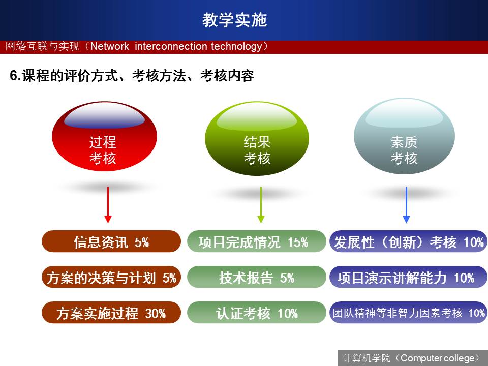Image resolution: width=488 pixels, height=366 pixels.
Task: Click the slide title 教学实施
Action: pyautogui.click(x=234, y=20)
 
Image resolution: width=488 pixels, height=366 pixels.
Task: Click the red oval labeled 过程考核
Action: pyautogui.click(x=104, y=136)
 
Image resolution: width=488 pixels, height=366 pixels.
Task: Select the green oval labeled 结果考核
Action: pyautogui.click(x=257, y=138)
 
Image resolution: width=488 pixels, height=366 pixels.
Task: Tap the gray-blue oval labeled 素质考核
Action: pyautogui.click(x=404, y=136)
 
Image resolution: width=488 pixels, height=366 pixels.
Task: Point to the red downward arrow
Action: pyautogui.click(x=108, y=205)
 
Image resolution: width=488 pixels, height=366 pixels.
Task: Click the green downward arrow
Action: pyautogui.click(x=261, y=205)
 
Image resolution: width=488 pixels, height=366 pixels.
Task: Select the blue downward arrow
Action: pyautogui.click(x=406, y=205)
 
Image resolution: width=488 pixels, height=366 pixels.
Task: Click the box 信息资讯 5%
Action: pyautogui.click(x=111, y=241)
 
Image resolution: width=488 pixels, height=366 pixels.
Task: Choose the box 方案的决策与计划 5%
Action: pyautogui.click(x=111, y=277)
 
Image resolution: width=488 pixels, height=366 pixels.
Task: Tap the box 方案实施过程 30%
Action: pyautogui.click(x=111, y=313)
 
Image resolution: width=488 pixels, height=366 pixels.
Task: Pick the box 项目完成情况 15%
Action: pyautogui.click(x=256, y=241)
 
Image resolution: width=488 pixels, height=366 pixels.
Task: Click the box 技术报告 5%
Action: pyautogui.click(x=256, y=277)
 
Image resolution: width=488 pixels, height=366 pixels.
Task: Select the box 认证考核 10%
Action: pyautogui.click(x=256, y=313)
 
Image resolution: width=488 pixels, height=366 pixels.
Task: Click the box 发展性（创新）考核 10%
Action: pyautogui.click(x=408, y=241)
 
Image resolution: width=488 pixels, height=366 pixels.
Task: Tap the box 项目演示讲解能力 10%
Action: pyautogui.click(x=408, y=277)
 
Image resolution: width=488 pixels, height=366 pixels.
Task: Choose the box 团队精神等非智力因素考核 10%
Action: pyautogui.click(x=408, y=313)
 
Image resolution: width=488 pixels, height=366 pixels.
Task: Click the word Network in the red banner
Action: pyautogui.click(x=110, y=46)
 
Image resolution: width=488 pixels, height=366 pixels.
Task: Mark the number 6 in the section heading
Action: pyautogui.click(x=13, y=76)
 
